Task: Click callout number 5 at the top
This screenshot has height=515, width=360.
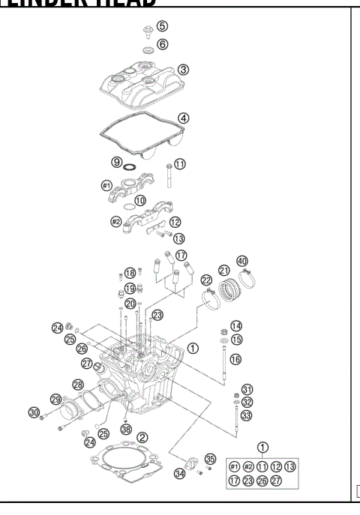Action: click(x=162, y=26)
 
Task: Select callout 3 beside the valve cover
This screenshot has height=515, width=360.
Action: click(x=183, y=69)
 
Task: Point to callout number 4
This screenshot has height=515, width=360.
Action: click(x=182, y=118)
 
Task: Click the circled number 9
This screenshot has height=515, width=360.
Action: click(x=117, y=162)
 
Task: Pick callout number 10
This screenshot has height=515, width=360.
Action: click(x=140, y=200)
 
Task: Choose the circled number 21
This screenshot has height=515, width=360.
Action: click(x=223, y=270)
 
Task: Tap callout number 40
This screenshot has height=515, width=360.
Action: click(x=242, y=261)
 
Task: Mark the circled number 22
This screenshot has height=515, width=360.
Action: click(x=205, y=280)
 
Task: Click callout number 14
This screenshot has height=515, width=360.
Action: click(x=236, y=326)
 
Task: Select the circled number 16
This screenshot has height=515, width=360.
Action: click(x=236, y=359)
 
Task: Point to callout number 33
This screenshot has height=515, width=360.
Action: click(x=247, y=415)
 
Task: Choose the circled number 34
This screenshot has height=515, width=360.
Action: click(x=180, y=473)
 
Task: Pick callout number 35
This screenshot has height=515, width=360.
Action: click(x=210, y=459)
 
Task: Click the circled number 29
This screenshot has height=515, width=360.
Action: click(x=55, y=399)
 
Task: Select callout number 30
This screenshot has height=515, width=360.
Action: click(x=33, y=412)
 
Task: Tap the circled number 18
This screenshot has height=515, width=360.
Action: click(x=130, y=273)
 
